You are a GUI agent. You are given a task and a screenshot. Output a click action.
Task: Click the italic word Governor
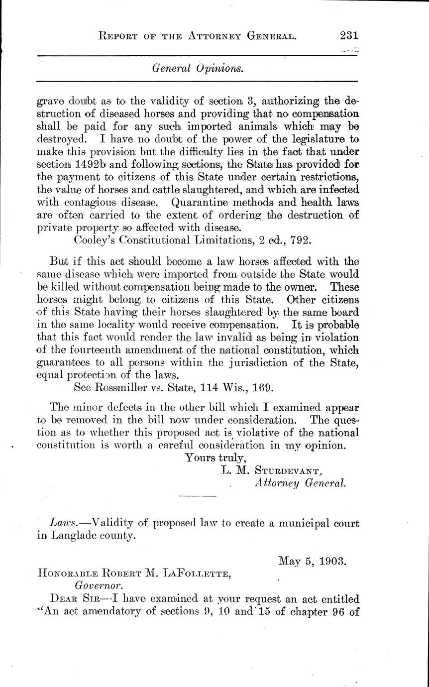coord(97,586)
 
